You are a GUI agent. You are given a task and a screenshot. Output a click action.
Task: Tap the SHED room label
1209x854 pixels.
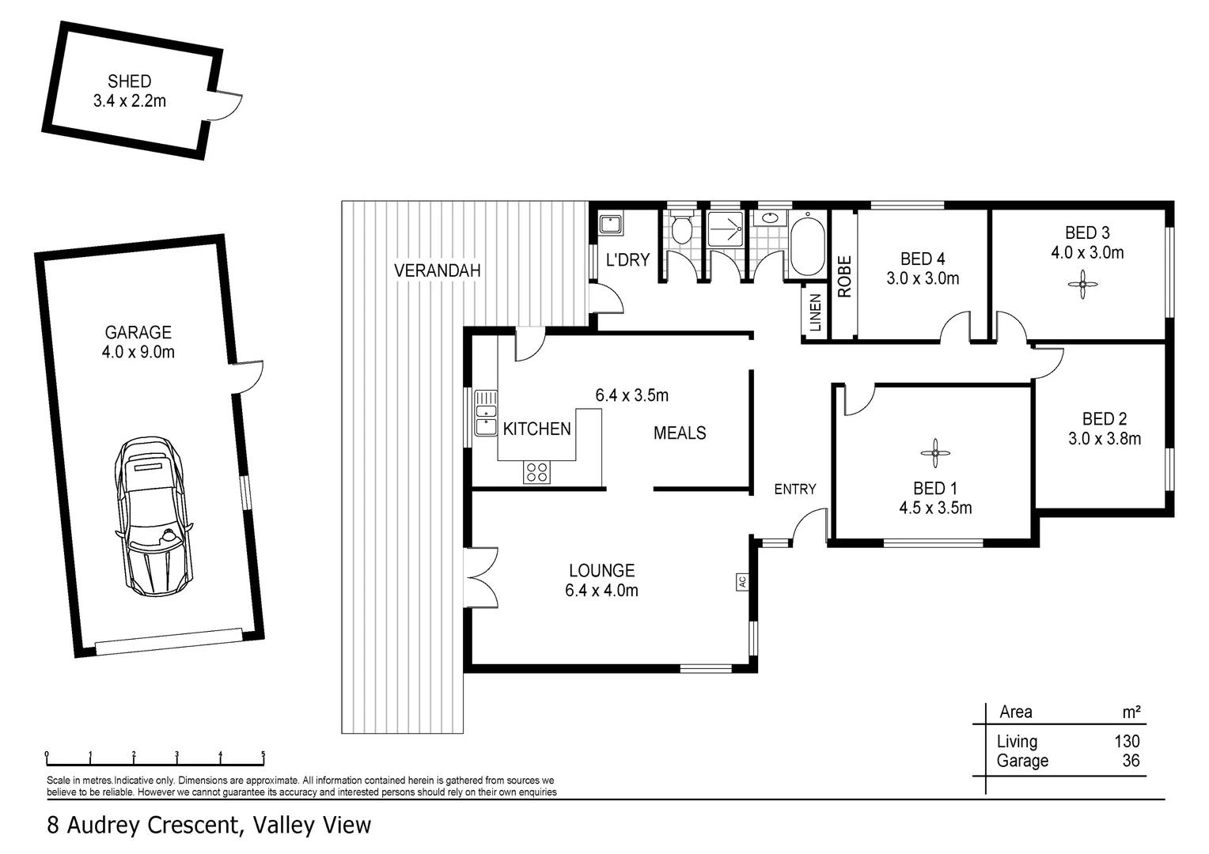pos(129,81)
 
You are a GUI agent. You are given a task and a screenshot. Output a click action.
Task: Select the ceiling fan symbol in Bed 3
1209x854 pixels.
pos(1082,285)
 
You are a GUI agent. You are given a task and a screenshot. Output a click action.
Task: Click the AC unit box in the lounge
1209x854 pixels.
pos(741,581)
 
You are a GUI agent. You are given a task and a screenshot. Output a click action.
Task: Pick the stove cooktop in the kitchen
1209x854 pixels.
pos(536,472)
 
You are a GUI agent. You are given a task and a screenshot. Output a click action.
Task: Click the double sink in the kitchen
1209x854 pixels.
pos(485,413)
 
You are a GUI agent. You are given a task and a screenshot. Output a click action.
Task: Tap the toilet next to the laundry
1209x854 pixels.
pos(680,230)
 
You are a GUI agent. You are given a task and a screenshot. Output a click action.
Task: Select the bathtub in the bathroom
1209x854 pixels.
pos(807,244)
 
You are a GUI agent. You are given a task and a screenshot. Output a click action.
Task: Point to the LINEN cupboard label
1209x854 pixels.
pos(816,312)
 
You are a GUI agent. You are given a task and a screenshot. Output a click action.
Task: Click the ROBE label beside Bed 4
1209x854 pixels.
pos(844,276)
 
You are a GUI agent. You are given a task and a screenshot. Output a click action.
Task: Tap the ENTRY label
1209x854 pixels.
pos(794,489)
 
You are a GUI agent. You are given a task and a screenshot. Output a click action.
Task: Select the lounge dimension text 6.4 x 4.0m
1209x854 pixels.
pos(601,591)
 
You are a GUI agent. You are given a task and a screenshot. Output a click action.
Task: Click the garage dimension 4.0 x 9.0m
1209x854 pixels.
pos(138,353)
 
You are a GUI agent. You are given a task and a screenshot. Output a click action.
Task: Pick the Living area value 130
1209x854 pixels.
pos(1127,742)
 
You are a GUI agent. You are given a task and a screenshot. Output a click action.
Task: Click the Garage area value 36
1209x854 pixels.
pos(1131,761)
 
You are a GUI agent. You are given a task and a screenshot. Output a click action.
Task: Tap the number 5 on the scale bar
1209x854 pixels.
pos(263,754)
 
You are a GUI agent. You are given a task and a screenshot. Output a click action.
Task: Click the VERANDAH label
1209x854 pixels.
pos(438,270)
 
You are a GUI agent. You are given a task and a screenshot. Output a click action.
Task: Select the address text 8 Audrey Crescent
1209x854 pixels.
pos(142,826)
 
